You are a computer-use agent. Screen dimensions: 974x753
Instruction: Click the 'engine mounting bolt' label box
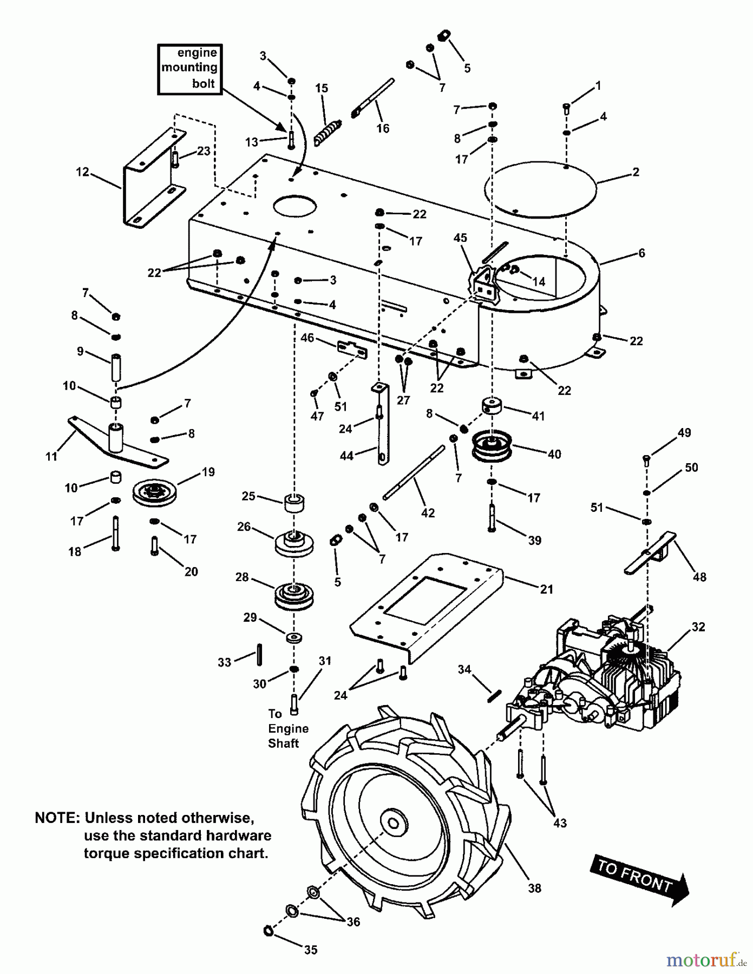[x=190, y=69]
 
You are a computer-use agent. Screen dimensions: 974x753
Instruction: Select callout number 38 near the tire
[x=534, y=888]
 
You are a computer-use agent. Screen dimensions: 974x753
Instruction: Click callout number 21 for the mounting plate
[x=547, y=589]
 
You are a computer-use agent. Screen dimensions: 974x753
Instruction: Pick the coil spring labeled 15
[x=326, y=133]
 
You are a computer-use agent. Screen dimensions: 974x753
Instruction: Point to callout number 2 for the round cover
[x=636, y=172]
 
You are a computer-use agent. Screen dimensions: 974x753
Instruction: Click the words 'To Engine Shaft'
[x=288, y=728]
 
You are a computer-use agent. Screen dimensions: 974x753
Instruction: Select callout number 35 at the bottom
[x=310, y=950]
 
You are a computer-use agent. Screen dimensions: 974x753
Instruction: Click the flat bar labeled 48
[x=650, y=553]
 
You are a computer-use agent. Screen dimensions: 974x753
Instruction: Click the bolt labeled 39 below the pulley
[x=492, y=517]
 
